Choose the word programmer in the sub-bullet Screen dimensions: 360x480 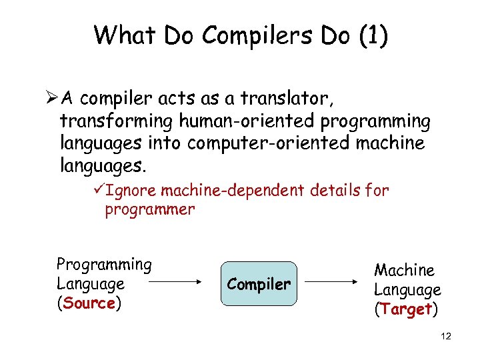(x=149, y=210)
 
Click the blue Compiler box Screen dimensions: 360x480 (x=259, y=284)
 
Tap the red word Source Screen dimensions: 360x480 (x=90, y=303)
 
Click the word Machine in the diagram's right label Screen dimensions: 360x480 (x=404, y=270)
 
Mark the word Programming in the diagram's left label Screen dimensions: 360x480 (x=104, y=264)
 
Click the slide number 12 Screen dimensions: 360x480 (x=446, y=337)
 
